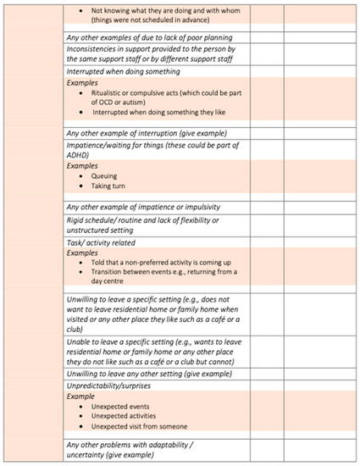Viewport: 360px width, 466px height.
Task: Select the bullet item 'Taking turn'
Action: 108,186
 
